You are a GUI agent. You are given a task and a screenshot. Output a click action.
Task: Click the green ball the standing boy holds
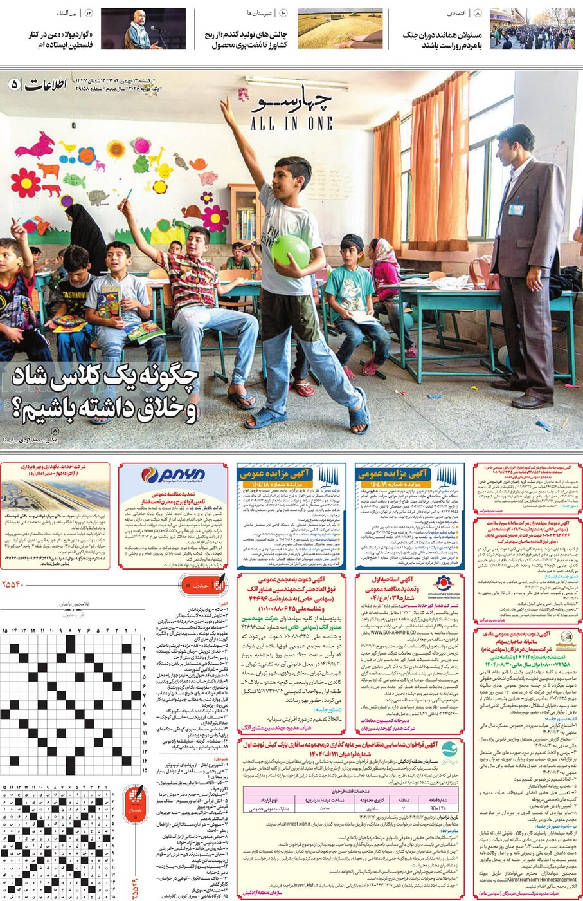pos(290,250)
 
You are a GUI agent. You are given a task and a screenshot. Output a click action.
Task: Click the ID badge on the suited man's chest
pos(514,209)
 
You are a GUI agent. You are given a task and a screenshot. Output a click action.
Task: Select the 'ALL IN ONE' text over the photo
pos(292,123)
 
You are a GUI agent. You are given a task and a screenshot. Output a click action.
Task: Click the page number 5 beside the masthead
pos(15,84)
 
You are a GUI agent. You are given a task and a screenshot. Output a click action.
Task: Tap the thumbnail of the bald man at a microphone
pos(143,29)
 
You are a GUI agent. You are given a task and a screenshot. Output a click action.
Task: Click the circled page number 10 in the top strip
pos(283,13)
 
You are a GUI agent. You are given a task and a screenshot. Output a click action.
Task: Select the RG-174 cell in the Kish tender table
pos(438,808)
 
